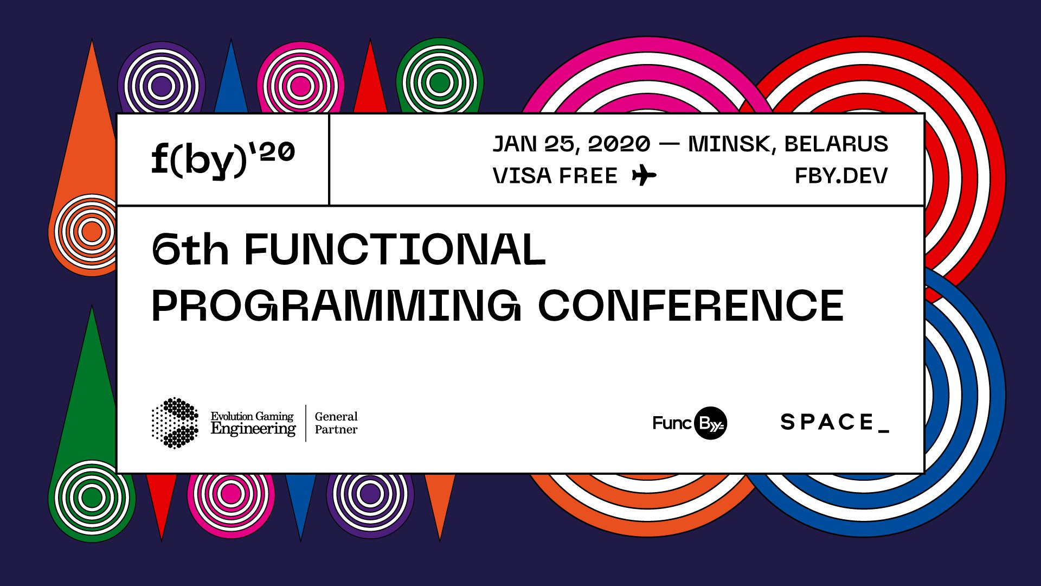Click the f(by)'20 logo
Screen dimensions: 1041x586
pyautogui.click(x=223, y=159)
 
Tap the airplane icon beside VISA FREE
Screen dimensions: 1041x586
pyautogui.click(x=644, y=176)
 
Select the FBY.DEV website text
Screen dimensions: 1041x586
pyautogui.click(x=841, y=176)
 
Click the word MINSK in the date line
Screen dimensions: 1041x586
pyautogui.click(x=728, y=144)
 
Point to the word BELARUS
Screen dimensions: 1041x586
pyautogui.click(x=836, y=144)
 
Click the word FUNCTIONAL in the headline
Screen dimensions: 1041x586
pyautogui.click(x=395, y=250)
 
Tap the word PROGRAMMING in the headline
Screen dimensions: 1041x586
pyautogui.click(x=336, y=305)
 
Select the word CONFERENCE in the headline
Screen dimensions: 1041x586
pyautogui.click(x=691, y=305)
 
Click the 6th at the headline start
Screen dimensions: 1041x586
pyautogui.click(x=190, y=250)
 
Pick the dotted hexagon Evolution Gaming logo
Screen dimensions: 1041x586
pyautogui.click(x=175, y=423)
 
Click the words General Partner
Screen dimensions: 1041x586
pyautogui.click(x=336, y=423)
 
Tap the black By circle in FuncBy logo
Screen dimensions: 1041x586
pyautogui.click(x=710, y=423)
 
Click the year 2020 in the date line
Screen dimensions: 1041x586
pyautogui.click(x=619, y=144)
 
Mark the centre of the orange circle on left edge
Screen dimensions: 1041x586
pyautogui.click(x=91, y=232)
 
